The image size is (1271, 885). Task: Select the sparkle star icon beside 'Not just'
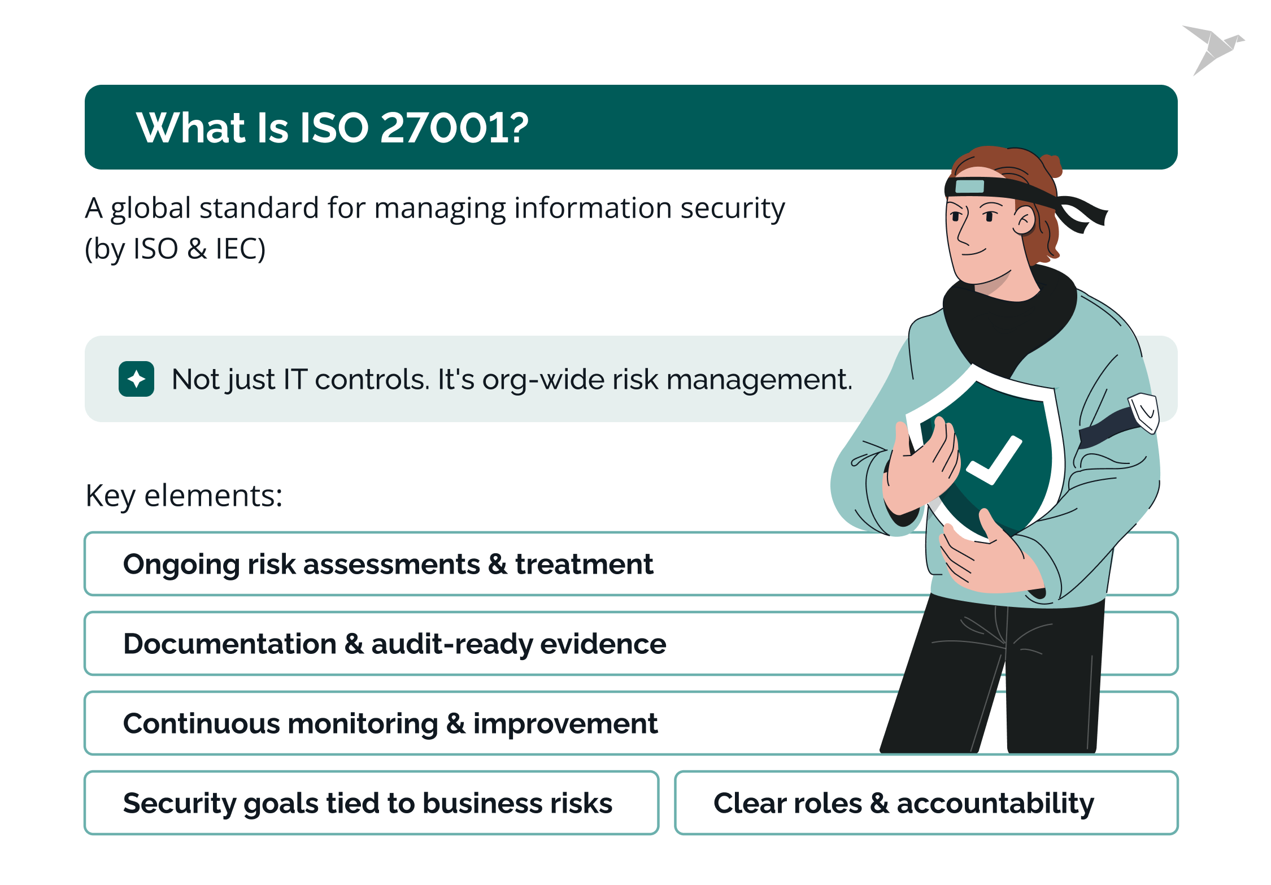[x=136, y=379]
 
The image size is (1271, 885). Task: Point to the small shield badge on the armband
[x=1144, y=413]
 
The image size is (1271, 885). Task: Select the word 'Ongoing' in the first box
[x=181, y=565]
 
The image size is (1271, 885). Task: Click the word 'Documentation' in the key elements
[x=230, y=644]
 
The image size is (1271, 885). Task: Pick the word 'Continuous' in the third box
[x=201, y=724]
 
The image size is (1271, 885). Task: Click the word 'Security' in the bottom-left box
[x=180, y=804]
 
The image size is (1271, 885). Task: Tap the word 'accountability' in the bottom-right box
[x=995, y=804]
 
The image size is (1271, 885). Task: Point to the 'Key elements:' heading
[x=184, y=496]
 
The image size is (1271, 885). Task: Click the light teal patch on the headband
[x=969, y=186]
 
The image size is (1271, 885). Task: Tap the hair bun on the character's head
[x=1051, y=166]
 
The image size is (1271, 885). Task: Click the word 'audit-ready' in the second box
[x=451, y=644]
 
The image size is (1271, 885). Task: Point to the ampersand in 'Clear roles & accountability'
[x=880, y=804]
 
